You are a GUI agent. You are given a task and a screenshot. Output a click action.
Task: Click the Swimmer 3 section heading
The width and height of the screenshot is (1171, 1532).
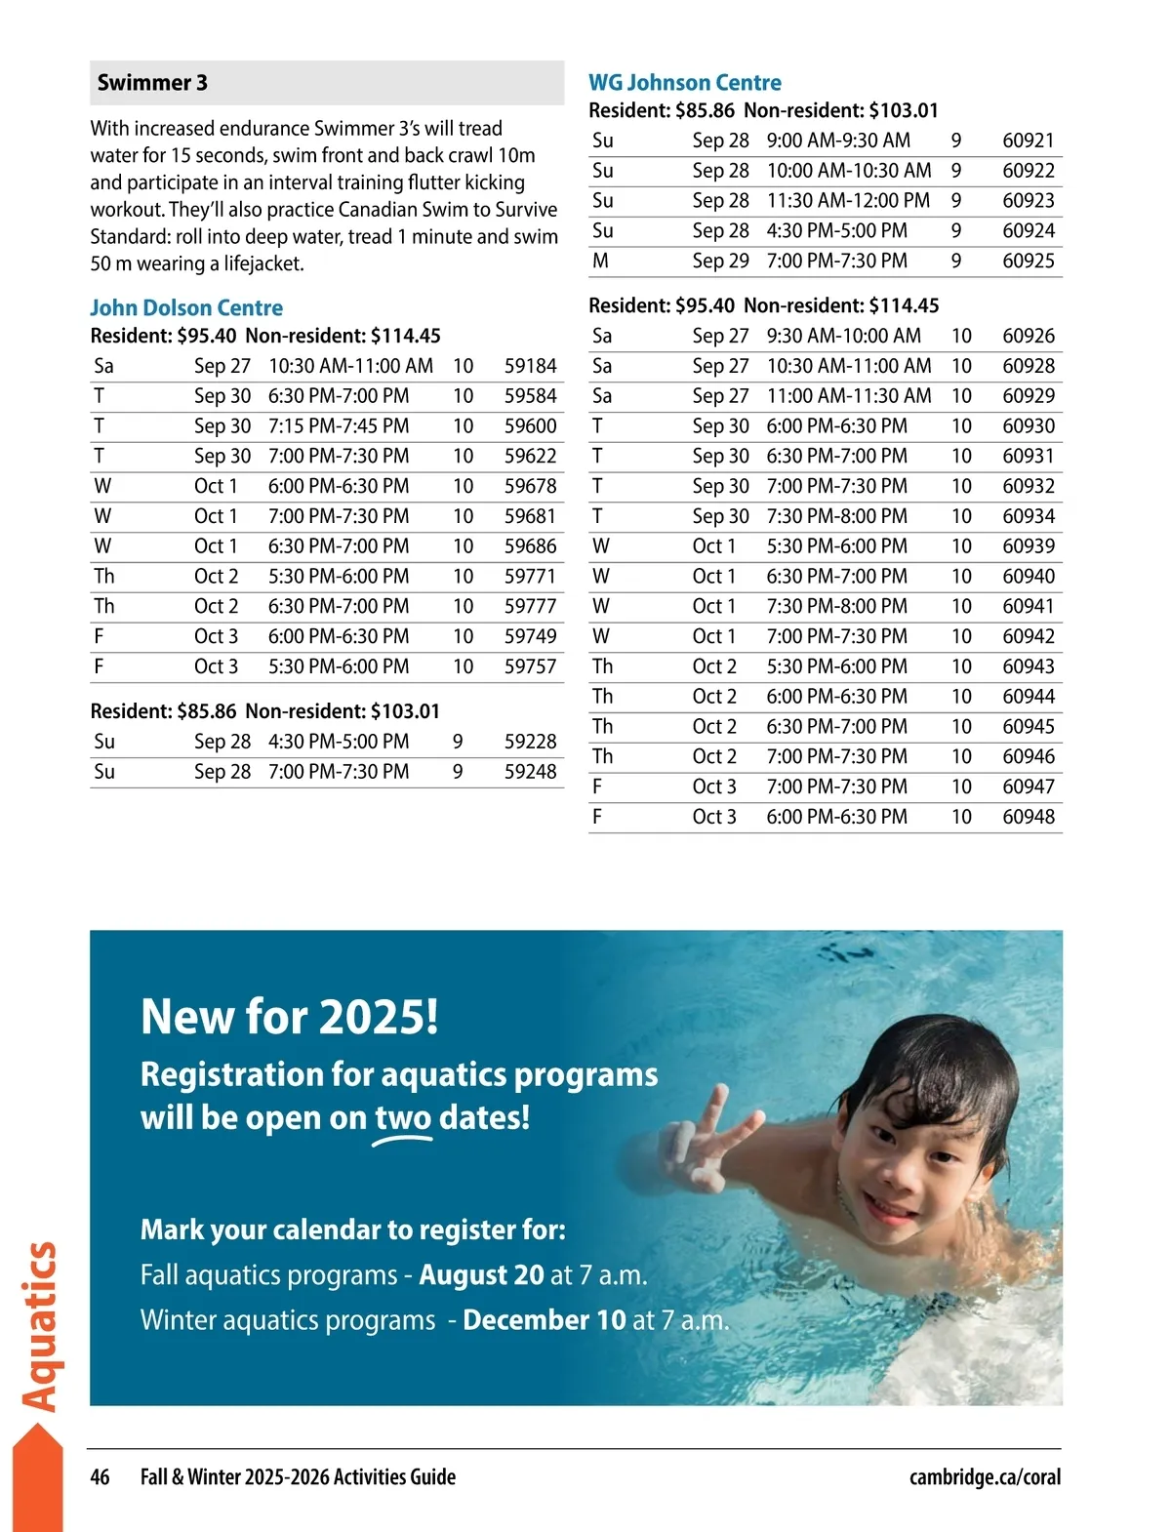152,83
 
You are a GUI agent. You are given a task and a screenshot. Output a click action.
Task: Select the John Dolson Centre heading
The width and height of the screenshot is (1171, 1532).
186,308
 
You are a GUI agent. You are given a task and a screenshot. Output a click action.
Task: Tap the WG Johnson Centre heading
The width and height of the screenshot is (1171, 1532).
684,83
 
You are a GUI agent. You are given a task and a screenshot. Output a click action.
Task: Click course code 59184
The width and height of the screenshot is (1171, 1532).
530,366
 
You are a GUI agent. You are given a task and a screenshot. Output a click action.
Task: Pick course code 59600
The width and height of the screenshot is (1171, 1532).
530,426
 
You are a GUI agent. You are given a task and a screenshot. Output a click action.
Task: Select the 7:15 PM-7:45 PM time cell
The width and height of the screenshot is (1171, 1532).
339,426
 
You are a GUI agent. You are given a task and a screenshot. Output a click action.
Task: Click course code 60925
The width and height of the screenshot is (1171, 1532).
1029,261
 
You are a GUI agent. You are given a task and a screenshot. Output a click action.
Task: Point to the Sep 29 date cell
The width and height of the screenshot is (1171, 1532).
720,261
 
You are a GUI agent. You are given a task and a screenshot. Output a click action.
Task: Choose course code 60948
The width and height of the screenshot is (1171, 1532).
1029,817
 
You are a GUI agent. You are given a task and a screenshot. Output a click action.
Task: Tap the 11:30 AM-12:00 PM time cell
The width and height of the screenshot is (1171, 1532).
848,201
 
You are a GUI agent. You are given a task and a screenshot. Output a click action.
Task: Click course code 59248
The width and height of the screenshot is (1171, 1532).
530,772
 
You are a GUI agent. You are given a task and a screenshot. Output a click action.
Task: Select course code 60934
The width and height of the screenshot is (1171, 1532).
1029,516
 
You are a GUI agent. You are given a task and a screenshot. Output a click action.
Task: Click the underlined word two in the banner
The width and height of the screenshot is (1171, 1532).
403,1117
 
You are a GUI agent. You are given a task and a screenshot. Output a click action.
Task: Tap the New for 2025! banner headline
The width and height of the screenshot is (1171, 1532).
290,1017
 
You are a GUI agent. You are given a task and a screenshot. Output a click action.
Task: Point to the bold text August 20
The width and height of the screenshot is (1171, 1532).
481,1275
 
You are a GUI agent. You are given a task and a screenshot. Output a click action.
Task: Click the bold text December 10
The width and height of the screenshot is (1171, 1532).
544,1320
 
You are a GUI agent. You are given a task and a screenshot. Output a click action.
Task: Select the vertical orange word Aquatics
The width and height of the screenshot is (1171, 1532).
41,1326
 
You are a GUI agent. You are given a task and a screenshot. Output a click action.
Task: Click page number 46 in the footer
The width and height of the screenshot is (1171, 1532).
100,1477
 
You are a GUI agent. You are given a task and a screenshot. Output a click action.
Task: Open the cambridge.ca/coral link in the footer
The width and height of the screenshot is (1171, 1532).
985,1477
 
